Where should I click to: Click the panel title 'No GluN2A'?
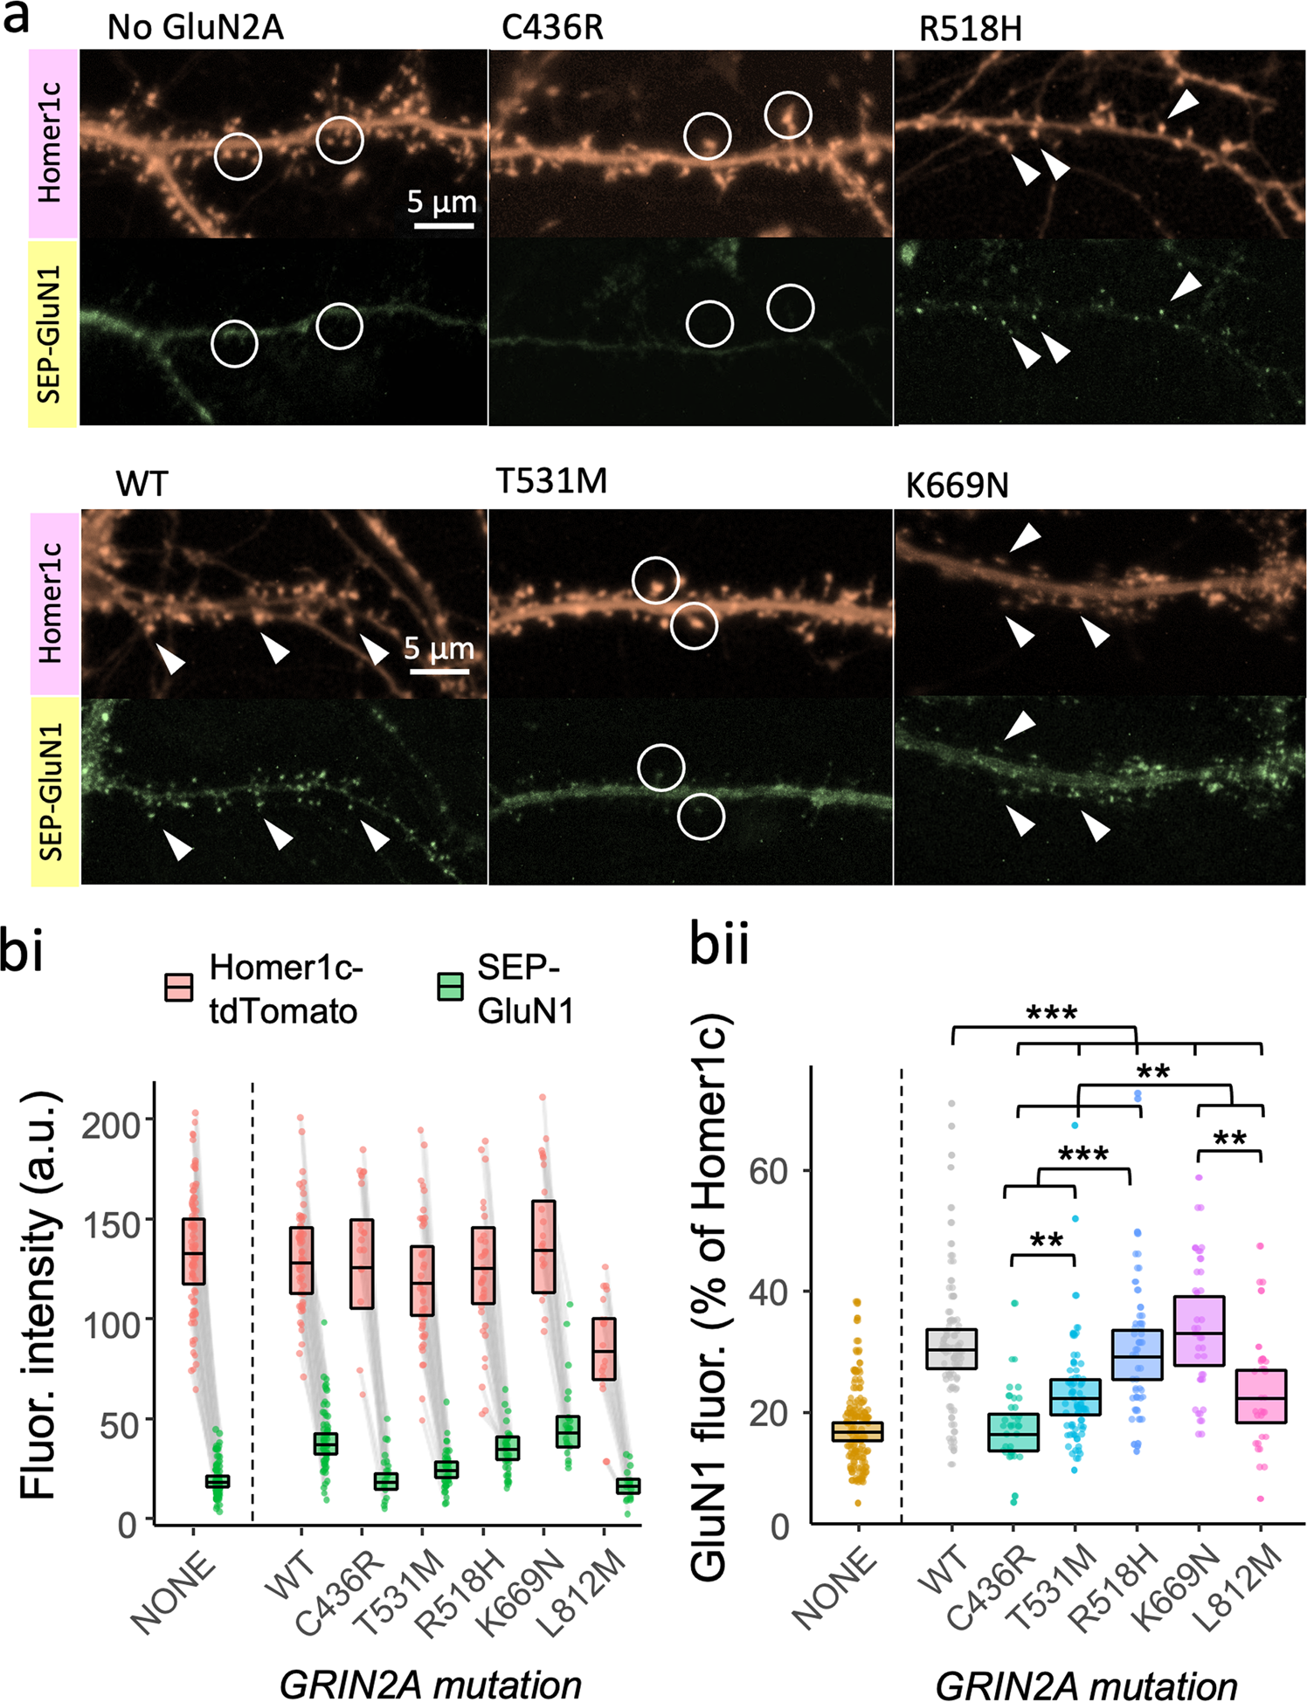coord(195,28)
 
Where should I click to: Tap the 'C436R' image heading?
coord(552,28)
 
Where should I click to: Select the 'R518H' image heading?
coord(970,30)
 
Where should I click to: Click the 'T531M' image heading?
coord(551,481)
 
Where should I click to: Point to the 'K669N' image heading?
coord(957,486)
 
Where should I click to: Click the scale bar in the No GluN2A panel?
coord(443,226)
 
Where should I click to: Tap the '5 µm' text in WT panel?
coord(439,649)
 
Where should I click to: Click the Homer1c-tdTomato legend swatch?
coord(179,988)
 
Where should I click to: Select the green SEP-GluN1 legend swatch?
coord(450,988)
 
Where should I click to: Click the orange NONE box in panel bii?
coord(858,1432)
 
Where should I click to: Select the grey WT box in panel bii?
coord(951,1349)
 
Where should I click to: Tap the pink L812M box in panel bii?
coord(1261,1396)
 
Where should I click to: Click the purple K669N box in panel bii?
coord(1199,1331)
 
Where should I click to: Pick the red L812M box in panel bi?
coord(604,1349)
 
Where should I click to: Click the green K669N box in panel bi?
coord(568,1431)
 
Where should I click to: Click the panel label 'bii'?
coord(719,945)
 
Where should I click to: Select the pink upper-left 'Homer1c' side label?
coord(52,142)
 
